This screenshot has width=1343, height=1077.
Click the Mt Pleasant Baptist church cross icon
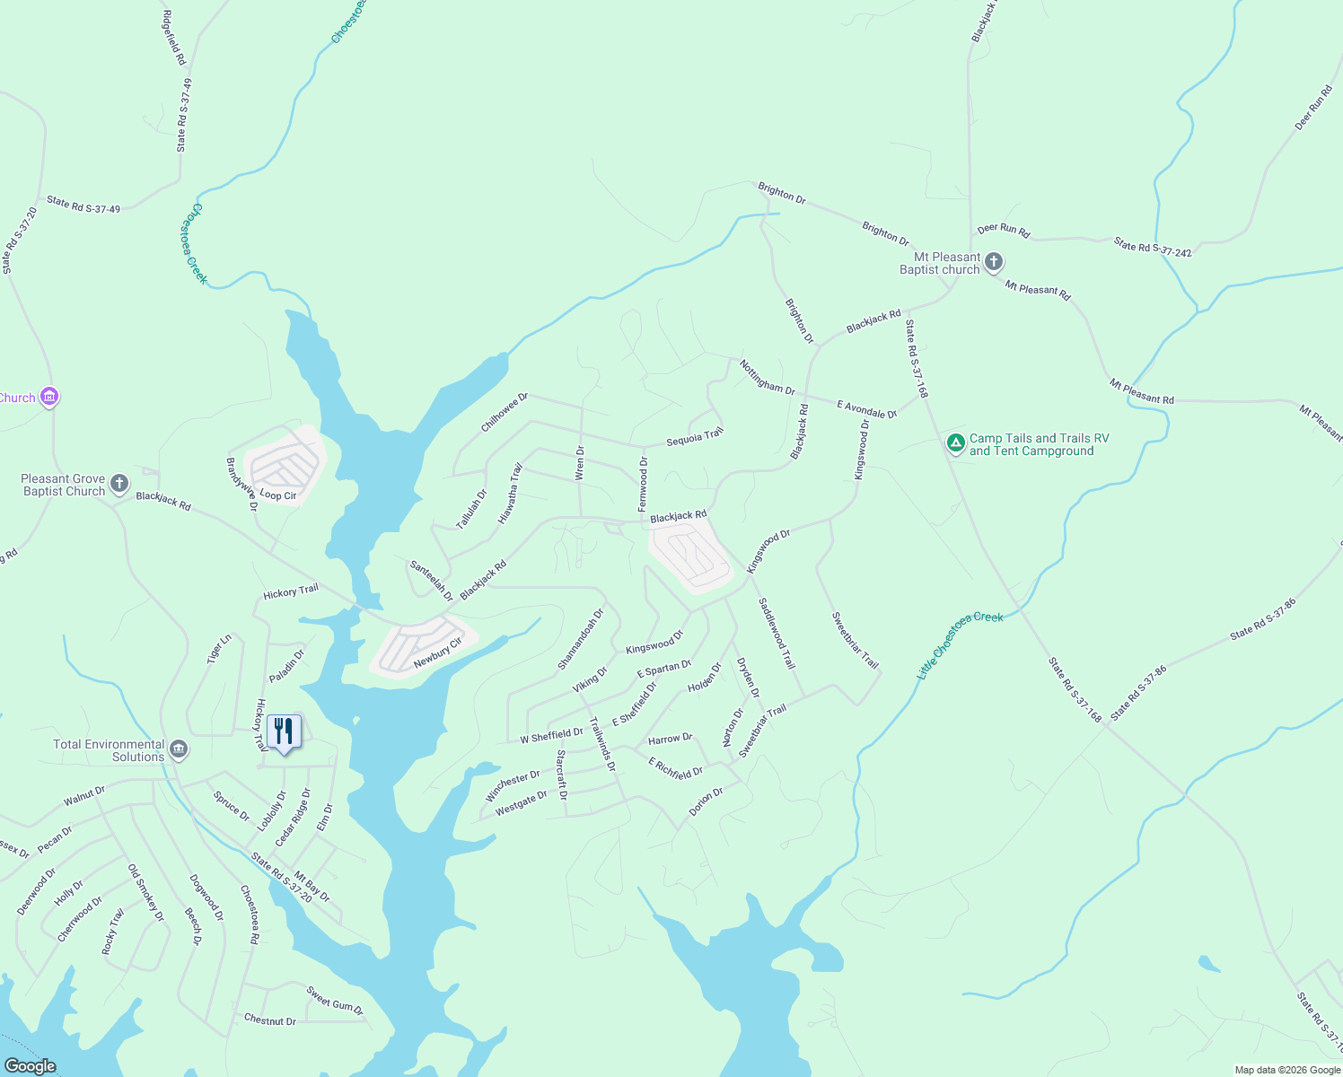point(993,262)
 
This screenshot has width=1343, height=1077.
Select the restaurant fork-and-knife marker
point(284,731)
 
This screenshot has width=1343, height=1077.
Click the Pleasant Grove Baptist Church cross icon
point(118,486)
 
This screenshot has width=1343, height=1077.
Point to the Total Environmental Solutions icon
point(179,749)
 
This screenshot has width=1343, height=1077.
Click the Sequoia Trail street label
point(694,438)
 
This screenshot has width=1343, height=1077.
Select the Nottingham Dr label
point(767,377)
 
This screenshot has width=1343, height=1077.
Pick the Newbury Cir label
point(437,652)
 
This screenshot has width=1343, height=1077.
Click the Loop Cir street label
point(277,495)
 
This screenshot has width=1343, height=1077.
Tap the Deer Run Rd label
point(1003,230)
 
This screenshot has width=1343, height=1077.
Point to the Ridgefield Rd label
point(173,38)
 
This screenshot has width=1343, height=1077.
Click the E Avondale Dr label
point(866,410)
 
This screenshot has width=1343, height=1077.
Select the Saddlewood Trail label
point(777,634)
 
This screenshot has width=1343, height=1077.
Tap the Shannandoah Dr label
point(580,639)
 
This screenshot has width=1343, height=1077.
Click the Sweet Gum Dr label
point(334,1001)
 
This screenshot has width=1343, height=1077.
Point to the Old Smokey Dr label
point(145,893)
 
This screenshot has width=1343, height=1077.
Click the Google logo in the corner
point(31,1065)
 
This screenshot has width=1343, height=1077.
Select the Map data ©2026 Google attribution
point(1286,1070)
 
